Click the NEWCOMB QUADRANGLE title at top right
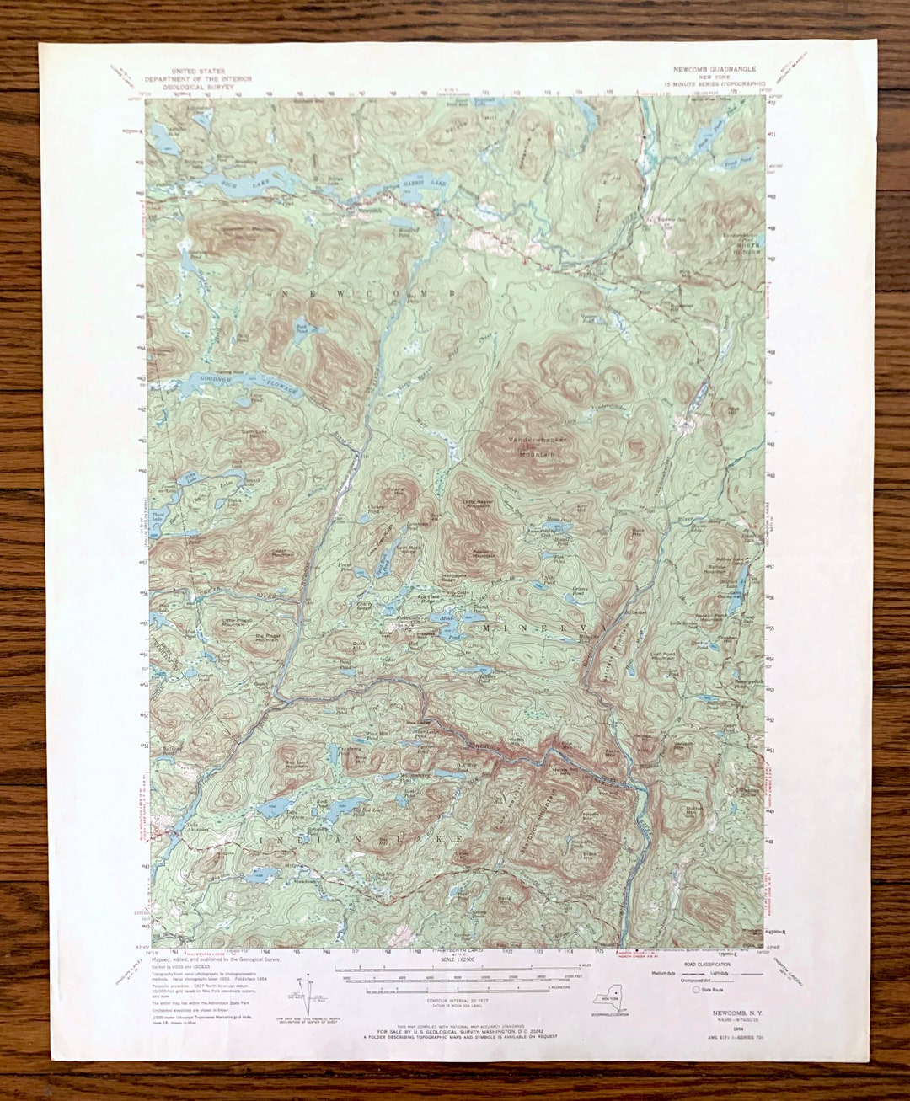pos(714,69)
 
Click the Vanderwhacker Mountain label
pos(537,446)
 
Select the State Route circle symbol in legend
pos(695,990)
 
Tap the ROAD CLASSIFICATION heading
pos(704,962)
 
